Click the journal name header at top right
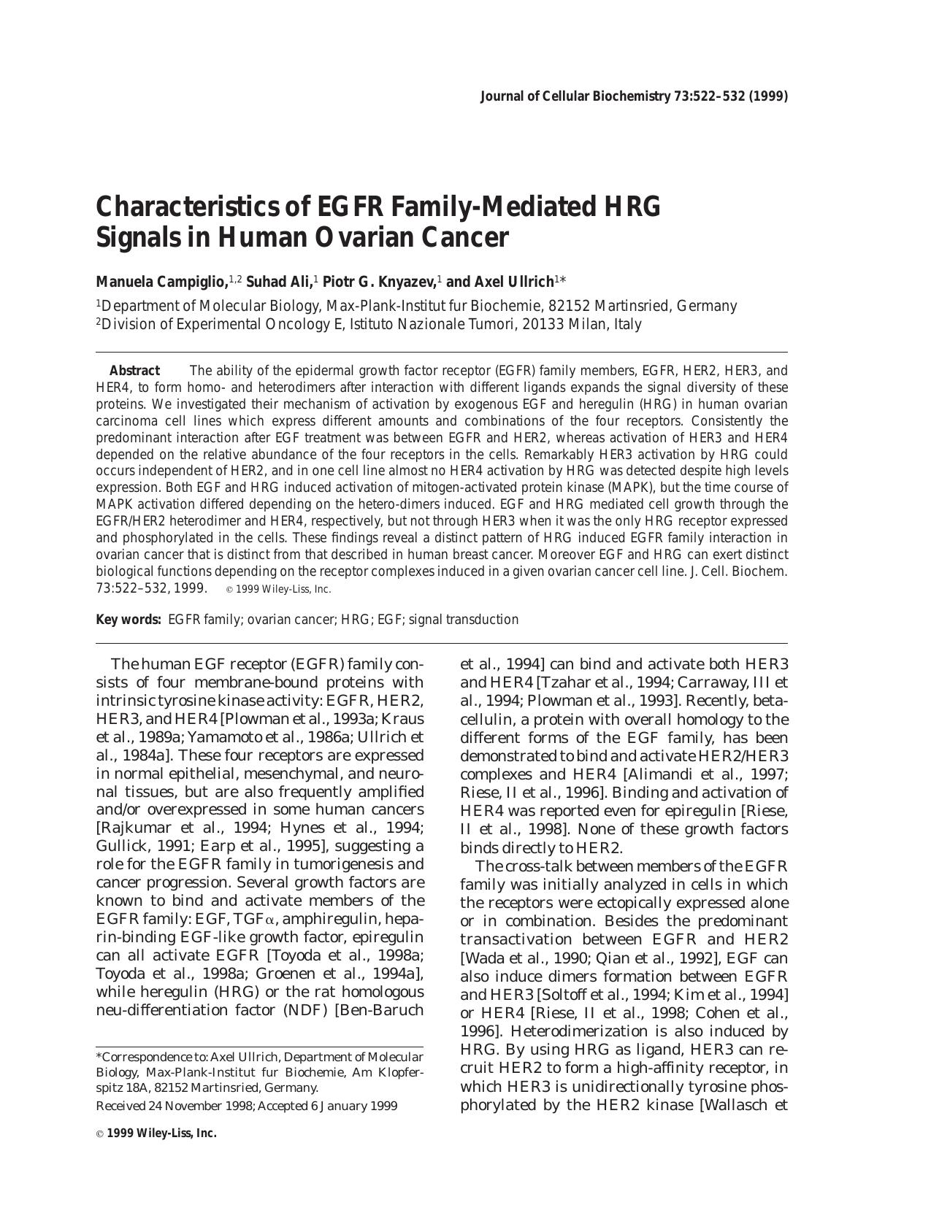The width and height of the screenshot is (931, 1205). [x=633, y=96]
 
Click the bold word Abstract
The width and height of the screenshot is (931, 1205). [x=134, y=371]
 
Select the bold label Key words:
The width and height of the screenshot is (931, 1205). [x=129, y=620]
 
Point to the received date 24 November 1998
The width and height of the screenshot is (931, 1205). [x=200, y=1106]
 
